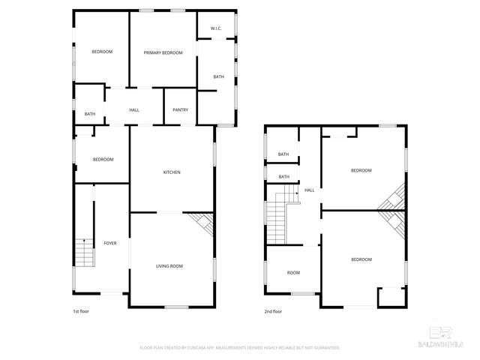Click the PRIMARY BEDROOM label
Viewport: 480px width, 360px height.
pyautogui.click(x=163, y=52)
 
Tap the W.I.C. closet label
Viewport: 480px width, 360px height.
pyautogui.click(x=215, y=29)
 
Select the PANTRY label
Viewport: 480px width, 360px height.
pyautogui.click(x=180, y=110)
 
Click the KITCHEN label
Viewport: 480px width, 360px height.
pyautogui.click(x=172, y=172)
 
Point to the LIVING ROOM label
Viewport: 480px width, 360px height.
pyautogui.click(x=169, y=265)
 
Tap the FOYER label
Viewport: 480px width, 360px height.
pyautogui.click(x=110, y=243)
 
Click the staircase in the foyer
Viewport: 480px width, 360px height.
pyautogui.click(x=85, y=253)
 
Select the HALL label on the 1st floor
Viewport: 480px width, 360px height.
pyautogui.click(x=134, y=110)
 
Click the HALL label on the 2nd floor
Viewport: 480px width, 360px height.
pyautogui.click(x=309, y=190)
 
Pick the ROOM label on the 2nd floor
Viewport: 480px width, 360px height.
pyautogui.click(x=293, y=272)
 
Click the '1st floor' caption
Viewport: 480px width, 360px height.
pyautogui.click(x=81, y=310)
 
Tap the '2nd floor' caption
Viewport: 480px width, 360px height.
pyautogui.click(x=273, y=310)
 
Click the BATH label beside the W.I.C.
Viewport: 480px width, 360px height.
pyautogui.click(x=218, y=76)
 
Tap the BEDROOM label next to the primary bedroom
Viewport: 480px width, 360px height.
pyautogui.click(x=102, y=52)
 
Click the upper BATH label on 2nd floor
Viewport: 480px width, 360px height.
pyautogui.click(x=283, y=154)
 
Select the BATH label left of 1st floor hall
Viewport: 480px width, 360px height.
pyautogui.click(x=90, y=114)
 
